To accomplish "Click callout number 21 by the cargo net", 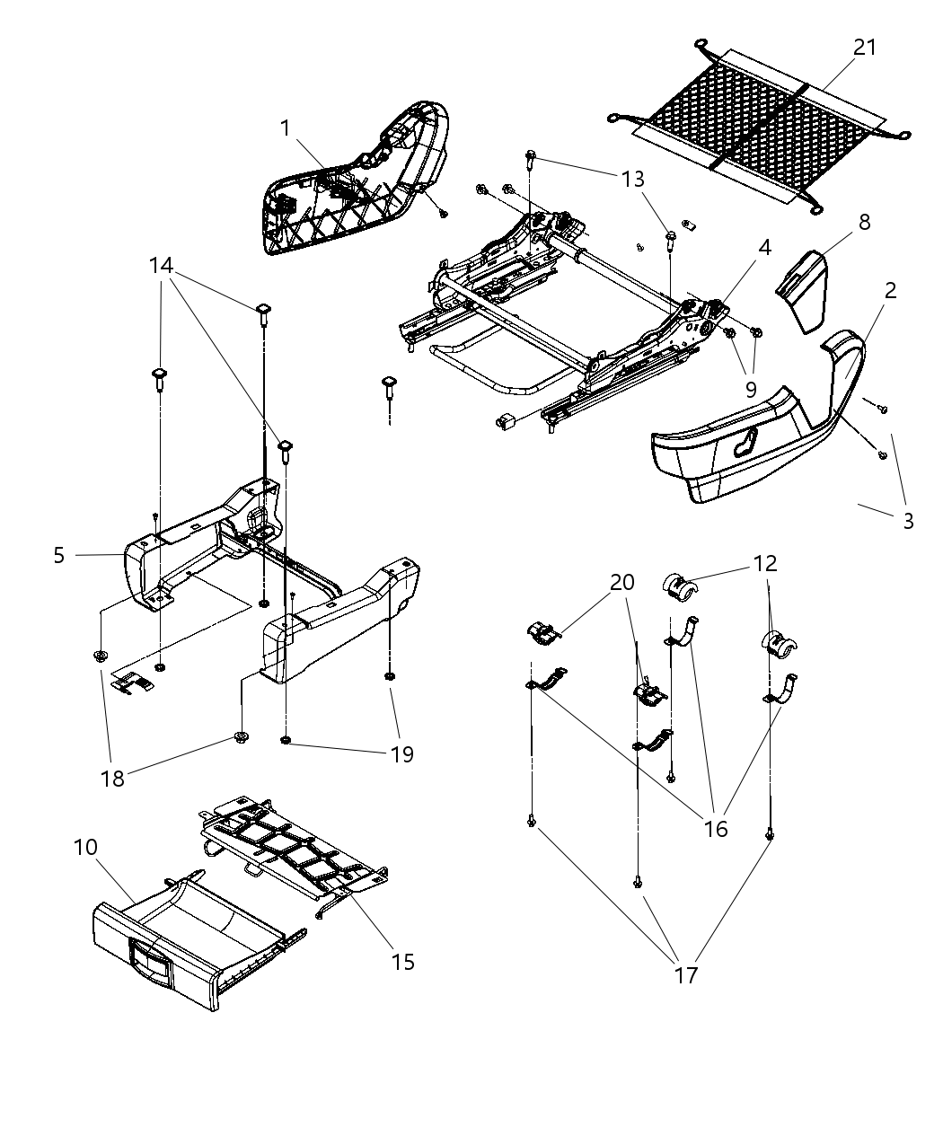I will (864, 48).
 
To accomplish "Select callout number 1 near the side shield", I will (286, 128).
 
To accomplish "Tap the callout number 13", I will (632, 180).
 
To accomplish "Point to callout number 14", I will (161, 266).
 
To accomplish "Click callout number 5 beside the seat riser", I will (59, 556).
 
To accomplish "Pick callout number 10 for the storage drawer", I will (84, 847).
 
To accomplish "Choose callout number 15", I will (403, 962).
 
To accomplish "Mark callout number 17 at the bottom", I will (685, 974).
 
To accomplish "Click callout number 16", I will (716, 828).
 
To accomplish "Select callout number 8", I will (864, 222).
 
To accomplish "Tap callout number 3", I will (908, 521).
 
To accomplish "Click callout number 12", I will (765, 563).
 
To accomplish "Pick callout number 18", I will (113, 778).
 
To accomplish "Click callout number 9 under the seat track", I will (751, 390).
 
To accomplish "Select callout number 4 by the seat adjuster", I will (763, 247).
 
